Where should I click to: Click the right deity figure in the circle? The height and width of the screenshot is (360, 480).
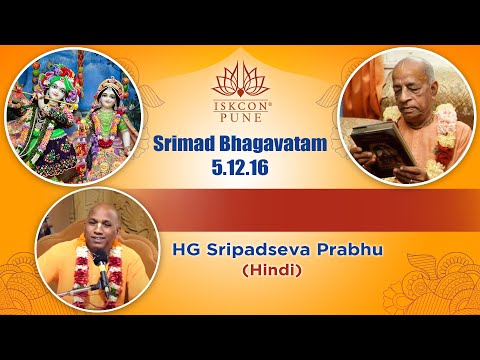click(x=108, y=125)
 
